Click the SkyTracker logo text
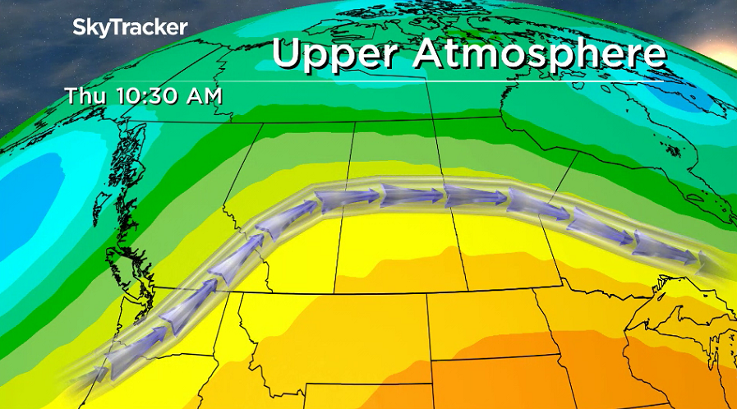pyautogui.click(x=130, y=27)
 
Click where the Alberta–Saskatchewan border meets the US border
pyautogui.click(x=333, y=292)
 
